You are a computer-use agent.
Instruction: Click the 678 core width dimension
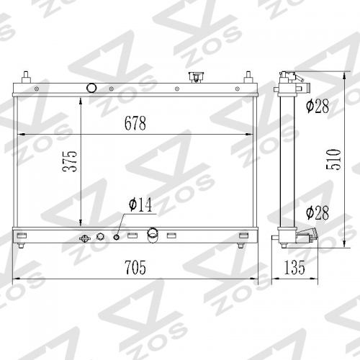coord(135,123)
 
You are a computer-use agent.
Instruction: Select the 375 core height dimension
coord(70,161)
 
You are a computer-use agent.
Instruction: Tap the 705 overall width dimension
coord(135,267)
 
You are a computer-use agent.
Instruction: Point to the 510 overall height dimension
coord(334,159)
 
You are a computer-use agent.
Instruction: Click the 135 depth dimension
coord(294,267)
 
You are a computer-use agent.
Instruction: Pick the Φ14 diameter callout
coord(140,204)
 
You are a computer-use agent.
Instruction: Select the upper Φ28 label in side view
coord(318,106)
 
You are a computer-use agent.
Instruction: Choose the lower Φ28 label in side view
coord(318,212)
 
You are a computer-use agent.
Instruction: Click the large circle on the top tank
coord(91,88)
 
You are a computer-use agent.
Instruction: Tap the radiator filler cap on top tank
coord(194,77)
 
